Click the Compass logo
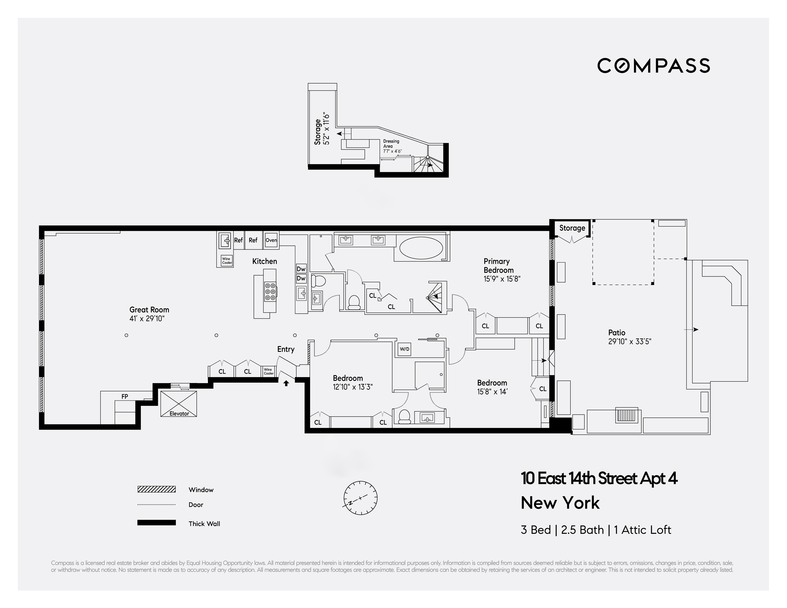click(x=653, y=66)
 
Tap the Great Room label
click(x=149, y=309)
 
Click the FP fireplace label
click(x=125, y=396)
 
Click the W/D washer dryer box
click(x=404, y=349)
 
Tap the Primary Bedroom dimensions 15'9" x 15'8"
click(x=502, y=279)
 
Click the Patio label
click(x=617, y=332)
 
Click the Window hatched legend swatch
click(x=156, y=489)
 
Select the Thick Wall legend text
click(x=204, y=524)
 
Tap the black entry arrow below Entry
click(x=286, y=383)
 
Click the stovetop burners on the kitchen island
click(x=270, y=291)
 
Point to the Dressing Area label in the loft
click(x=391, y=144)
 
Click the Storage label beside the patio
click(x=572, y=228)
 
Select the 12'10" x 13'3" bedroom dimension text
click(x=352, y=387)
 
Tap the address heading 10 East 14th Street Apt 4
click(x=599, y=479)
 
